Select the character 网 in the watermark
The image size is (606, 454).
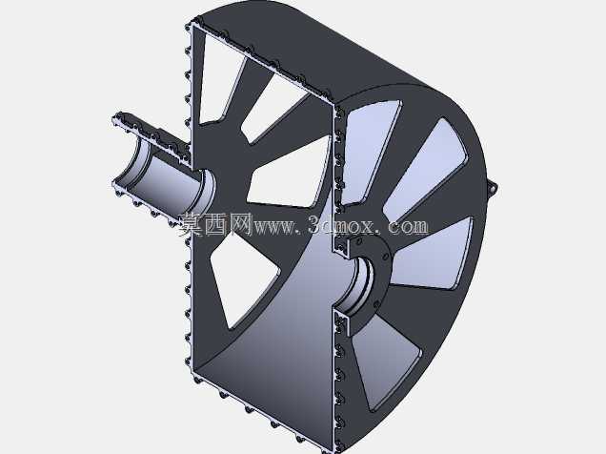[241, 225]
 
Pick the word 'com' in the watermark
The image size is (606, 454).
[409, 227]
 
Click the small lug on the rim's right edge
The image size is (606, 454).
[493, 188]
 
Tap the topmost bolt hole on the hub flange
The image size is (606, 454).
[359, 241]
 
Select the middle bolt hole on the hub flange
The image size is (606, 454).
[385, 257]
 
